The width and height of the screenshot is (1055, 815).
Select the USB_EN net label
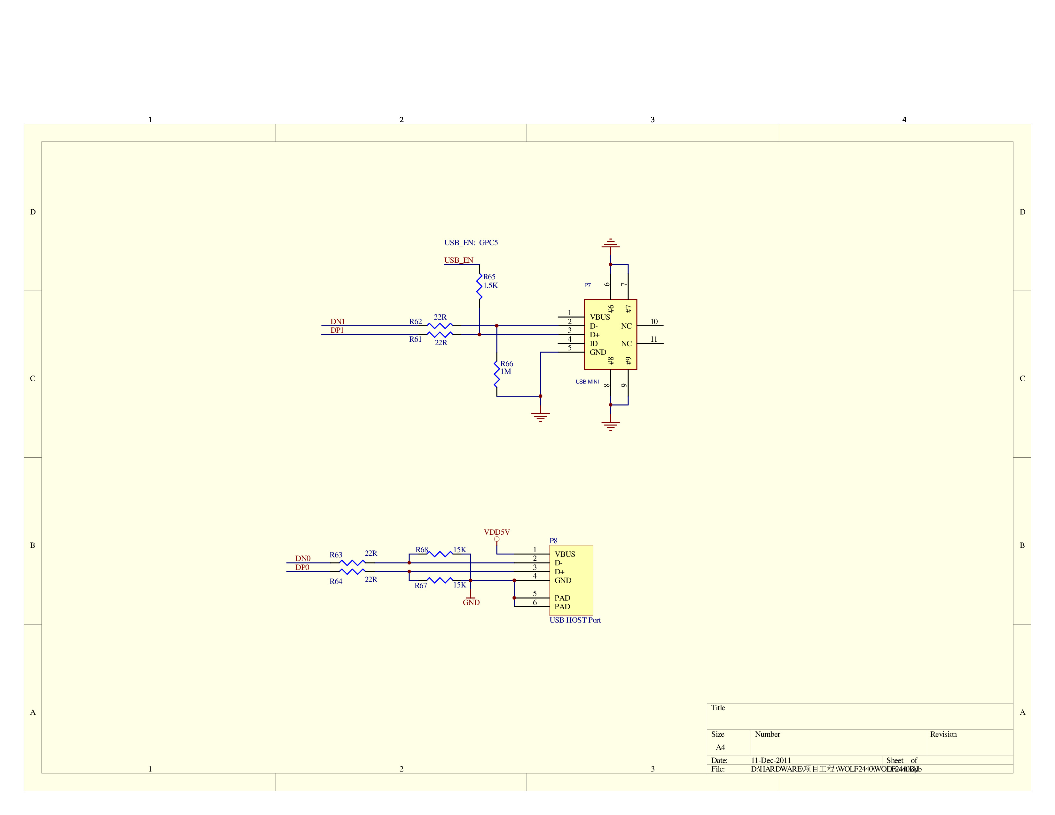click(458, 260)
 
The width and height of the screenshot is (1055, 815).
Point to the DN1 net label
click(337, 322)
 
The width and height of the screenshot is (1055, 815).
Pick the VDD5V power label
click(496, 532)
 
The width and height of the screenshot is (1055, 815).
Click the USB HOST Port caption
click(575, 620)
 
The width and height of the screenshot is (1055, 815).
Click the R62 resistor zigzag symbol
click(440, 326)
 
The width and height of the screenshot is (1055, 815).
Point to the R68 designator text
click(421, 550)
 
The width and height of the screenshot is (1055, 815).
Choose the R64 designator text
click(336, 581)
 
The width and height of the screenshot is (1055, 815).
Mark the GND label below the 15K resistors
click(471, 602)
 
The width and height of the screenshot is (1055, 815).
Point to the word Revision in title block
click(943, 734)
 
